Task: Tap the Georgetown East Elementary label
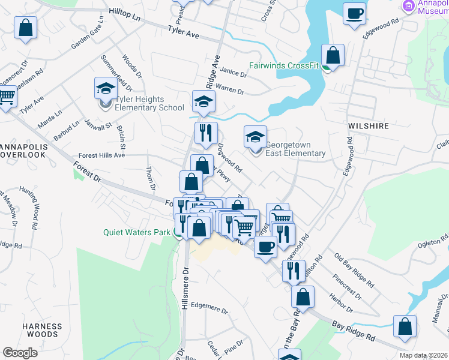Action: coord(295,149)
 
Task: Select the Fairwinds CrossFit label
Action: coord(285,65)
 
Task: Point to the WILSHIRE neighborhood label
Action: coord(368,127)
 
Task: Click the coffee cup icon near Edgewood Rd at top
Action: coord(354,13)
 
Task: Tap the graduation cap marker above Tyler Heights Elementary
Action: coord(106,88)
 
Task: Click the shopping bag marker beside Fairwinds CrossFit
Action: coord(333,55)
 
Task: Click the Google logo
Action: coord(20,353)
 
